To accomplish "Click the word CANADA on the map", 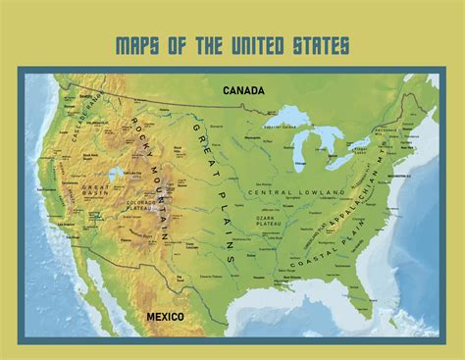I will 243,91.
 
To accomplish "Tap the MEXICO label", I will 166,318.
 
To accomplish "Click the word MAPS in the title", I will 138,46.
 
